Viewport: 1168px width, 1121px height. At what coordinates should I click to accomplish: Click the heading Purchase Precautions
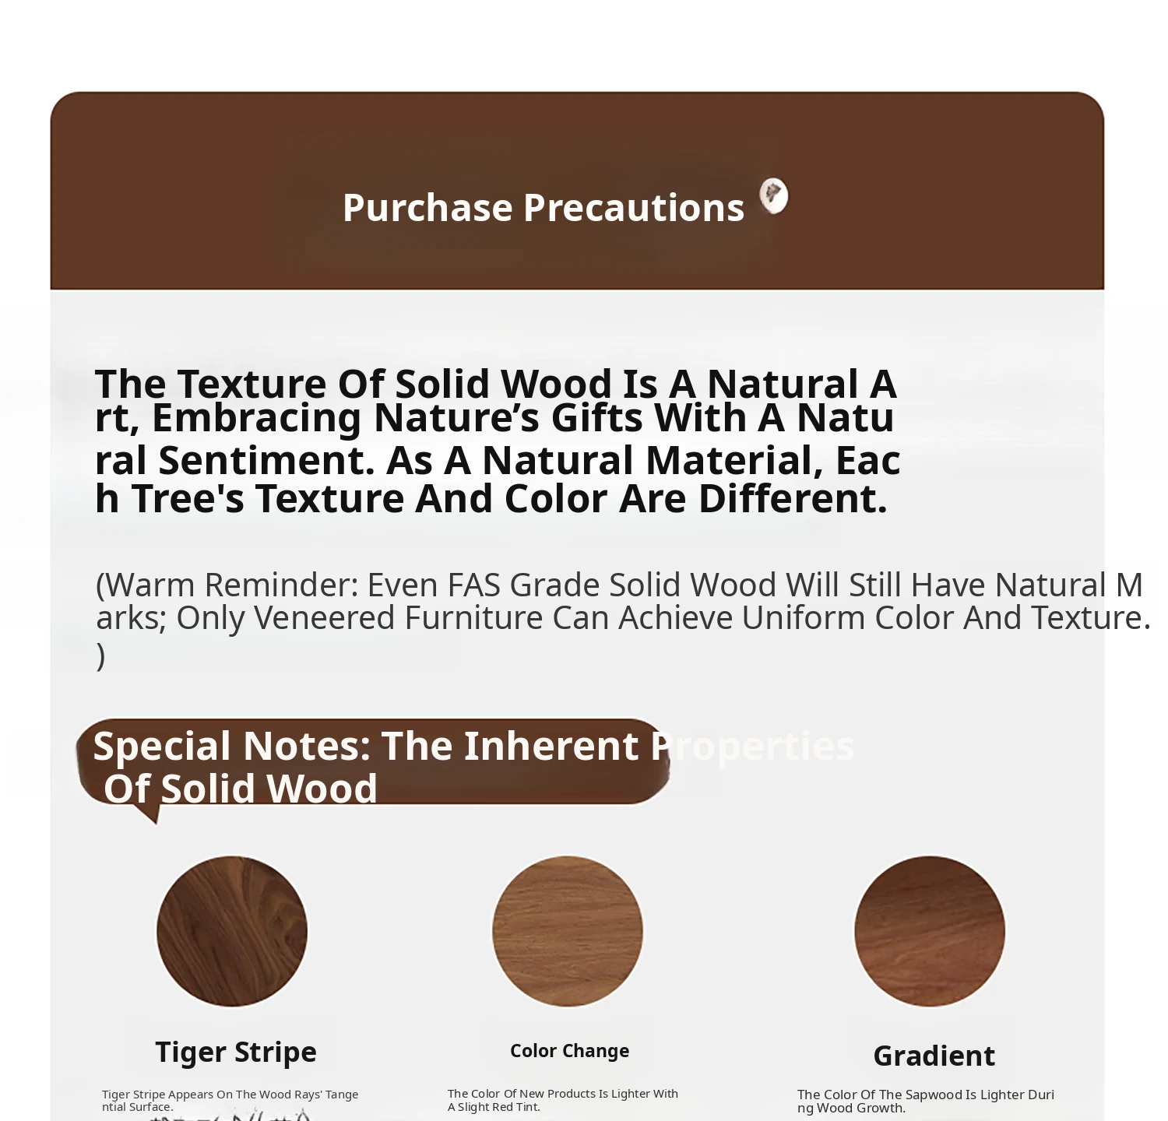[x=544, y=208]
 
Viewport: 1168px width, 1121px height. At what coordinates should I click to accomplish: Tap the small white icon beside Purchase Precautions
[x=773, y=195]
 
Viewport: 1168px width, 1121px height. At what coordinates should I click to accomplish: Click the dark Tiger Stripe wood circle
[x=232, y=931]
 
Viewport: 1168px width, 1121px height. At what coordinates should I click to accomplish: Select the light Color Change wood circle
[x=568, y=931]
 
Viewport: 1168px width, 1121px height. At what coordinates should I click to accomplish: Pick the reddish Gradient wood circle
[x=930, y=931]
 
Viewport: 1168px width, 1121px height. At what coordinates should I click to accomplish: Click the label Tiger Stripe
[x=236, y=1052]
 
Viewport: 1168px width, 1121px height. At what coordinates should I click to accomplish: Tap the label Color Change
[x=569, y=1051]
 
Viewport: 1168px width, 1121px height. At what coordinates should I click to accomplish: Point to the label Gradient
[x=934, y=1056]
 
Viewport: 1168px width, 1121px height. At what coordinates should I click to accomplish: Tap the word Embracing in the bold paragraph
[x=256, y=418]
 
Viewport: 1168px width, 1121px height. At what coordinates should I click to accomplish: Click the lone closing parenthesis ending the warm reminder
[x=100, y=656]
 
